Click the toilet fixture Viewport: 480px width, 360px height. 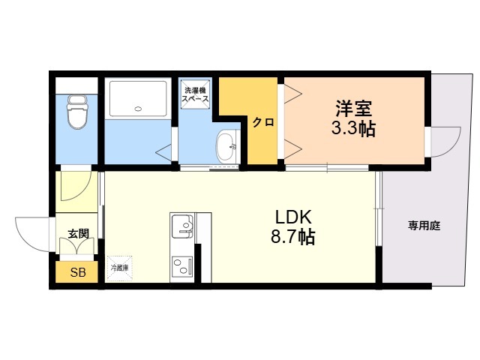(x=77, y=112)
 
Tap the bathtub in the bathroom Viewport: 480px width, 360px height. (x=138, y=98)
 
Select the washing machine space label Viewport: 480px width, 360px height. (x=195, y=94)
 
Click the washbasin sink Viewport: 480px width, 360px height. (x=226, y=146)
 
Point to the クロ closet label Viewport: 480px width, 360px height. (x=263, y=123)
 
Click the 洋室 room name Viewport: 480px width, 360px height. (x=353, y=108)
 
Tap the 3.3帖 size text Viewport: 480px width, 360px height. (x=353, y=129)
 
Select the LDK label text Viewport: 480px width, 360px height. (x=293, y=217)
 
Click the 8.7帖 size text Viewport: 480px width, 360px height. (x=293, y=237)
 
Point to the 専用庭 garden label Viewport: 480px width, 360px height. (x=424, y=226)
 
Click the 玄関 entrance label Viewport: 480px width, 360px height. (x=78, y=233)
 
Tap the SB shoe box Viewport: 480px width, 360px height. (x=76, y=271)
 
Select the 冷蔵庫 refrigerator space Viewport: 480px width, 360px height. (x=119, y=268)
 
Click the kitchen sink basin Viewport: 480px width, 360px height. (x=183, y=226)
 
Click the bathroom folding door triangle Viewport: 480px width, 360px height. (x=164, y=151)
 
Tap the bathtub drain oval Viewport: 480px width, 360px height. (x=138, y=108)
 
